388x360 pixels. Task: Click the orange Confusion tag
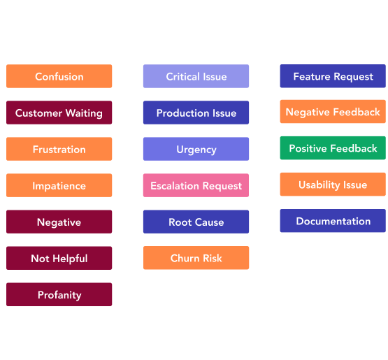coord(59,76)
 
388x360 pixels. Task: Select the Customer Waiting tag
coord(59,113)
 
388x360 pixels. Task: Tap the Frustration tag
coord(59,149)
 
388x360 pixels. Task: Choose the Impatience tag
coord(59,185)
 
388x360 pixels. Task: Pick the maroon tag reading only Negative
coord(59,222)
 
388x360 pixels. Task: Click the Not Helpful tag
coord(59,258)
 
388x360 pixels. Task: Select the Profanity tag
coord(59,294)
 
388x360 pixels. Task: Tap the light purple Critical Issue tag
coord(196,76)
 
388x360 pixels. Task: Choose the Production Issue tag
coord(196,113)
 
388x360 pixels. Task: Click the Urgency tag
coord(196,149)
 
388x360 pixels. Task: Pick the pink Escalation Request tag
coord(196,185)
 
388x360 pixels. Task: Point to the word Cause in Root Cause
coord(209,222)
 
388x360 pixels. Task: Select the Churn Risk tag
coord(196,258)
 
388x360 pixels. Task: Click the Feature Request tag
coord(333,76)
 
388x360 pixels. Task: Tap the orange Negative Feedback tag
coord(333,112)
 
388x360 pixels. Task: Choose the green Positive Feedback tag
coord(333,148)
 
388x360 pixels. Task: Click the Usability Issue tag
coord(333,185)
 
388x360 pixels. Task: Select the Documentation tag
coord(333,221)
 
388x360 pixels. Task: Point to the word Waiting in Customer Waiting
coord(84,113)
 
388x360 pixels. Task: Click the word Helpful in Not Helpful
coord(70,259)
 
